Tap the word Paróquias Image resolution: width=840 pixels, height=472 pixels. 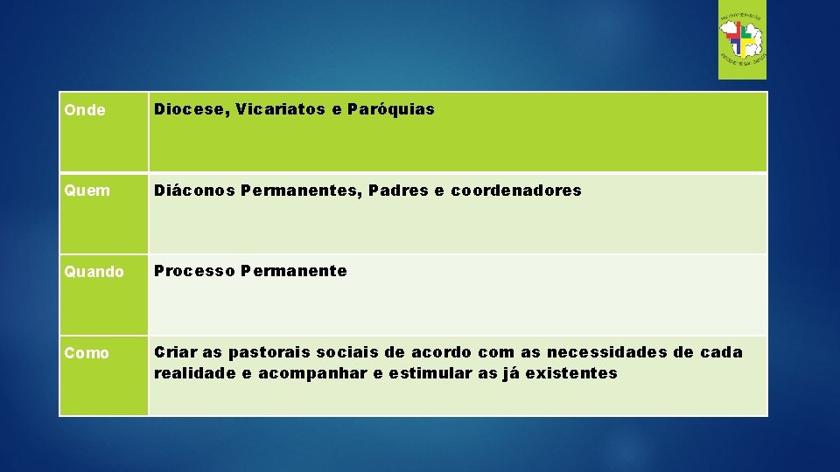pos(390,109)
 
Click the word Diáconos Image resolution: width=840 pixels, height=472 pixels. pos(194,190)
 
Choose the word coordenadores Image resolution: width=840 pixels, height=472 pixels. pos(516,190)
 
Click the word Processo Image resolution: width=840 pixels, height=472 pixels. pos(194,271)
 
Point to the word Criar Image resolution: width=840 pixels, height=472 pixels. pos(175,352)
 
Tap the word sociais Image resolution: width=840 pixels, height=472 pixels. pos(348,352)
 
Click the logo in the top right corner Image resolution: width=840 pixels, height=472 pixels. pos(742,40)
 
